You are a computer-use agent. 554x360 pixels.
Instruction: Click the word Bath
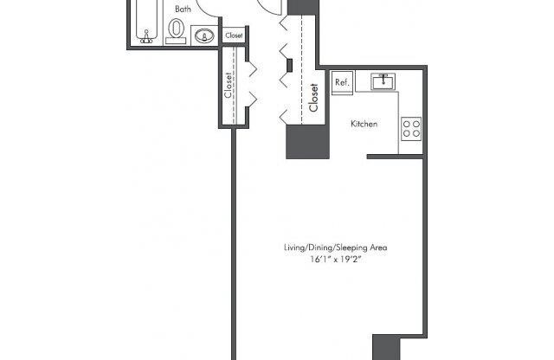coord(183,10)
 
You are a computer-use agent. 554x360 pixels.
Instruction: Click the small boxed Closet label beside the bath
coord(234,36)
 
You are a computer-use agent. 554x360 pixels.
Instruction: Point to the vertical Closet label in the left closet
coord(229,86)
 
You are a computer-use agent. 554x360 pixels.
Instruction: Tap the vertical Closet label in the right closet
coord(312,98)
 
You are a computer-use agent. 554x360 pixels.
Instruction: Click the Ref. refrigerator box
coord(340,83)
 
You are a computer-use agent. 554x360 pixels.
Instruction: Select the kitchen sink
coord(383,81)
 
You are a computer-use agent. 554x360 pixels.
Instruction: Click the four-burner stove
coord(410,131)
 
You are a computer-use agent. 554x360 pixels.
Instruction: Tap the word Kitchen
coord(364,125)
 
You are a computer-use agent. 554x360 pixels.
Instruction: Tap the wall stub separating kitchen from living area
coord(394,157)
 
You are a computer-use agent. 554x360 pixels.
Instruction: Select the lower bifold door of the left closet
coord(251,97)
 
